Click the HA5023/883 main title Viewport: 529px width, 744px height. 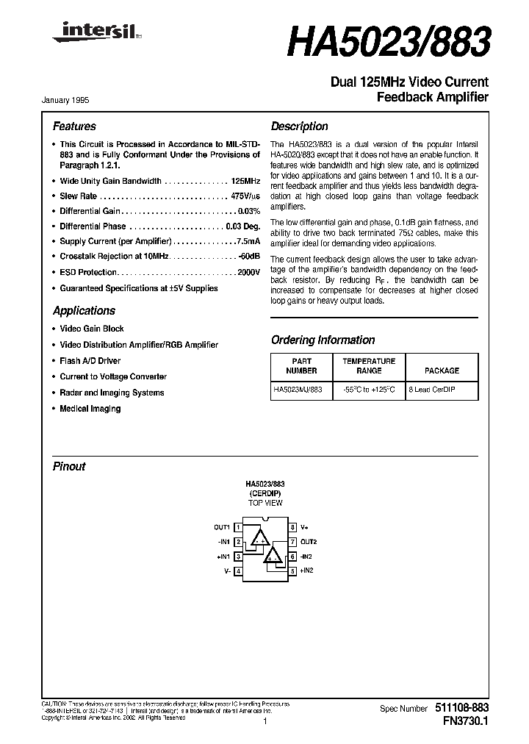pyautogui.click(x=387, y=43)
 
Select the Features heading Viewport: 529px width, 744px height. pyautogui.click(x=74, y=126)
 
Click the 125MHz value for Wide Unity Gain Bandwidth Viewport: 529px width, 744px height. pyautogui.click(x=245, y=181)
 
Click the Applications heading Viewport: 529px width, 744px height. pyautogui.click(x=84, y=311)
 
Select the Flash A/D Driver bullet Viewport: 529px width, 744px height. pyautogui.click(x=90, y=361)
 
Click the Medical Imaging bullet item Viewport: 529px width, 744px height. pyautogui.click(x=90, y=409)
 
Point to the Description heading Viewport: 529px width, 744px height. pyautogui.click(x=300, y=126)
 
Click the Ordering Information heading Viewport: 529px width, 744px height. pyautogui.click(x=323, y=340)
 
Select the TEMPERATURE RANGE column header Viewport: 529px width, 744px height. pyautogui.click(x=369, y=366)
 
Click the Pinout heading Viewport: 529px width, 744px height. pyautogui.click(x=69, y=467)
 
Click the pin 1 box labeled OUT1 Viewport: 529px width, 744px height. pyautogui.click(x=238, y=527)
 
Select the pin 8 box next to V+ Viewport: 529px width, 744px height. pyautogui.click(x=292, y=527)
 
